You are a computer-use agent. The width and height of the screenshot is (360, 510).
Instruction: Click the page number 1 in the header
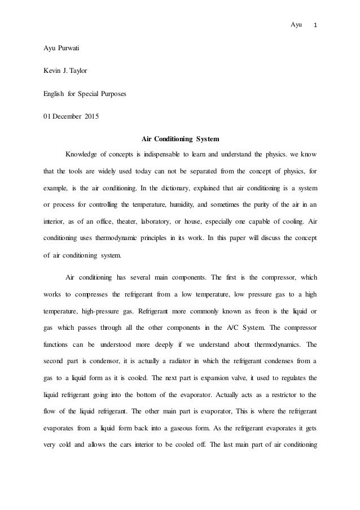pyautogui.click(x=315, y=25)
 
